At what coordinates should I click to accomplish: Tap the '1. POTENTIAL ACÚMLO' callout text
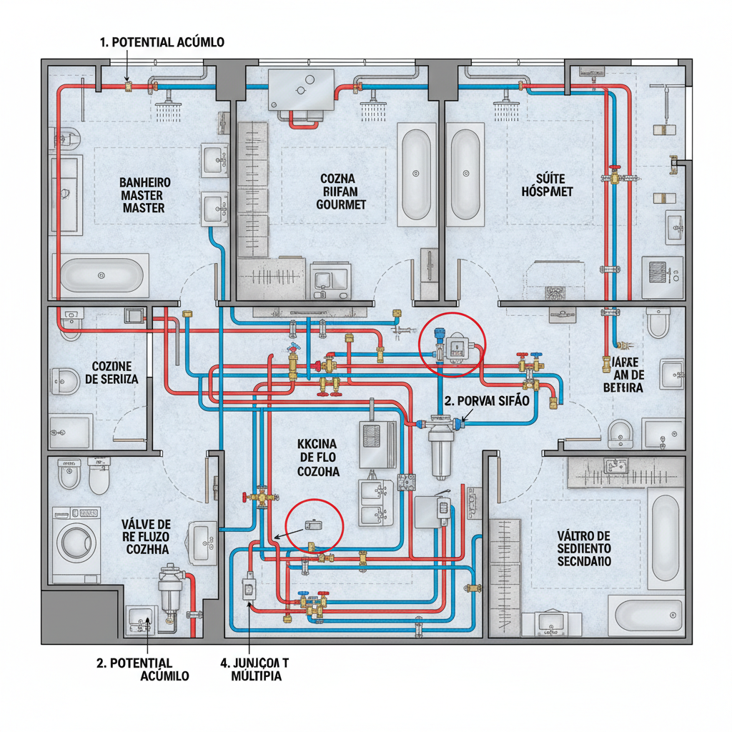click(x=162, y=42)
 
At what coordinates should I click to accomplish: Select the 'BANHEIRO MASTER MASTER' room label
click(x=142, y=195)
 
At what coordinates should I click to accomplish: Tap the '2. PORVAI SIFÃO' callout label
click(x=486, y=401)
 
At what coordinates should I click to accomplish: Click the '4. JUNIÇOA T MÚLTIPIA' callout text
click(x=252, y=669)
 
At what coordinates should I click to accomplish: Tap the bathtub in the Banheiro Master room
click(x=102, y=274)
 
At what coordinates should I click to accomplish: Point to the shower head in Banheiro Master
click(x=167, y=110)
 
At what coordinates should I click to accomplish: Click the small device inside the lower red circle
click(x=313, y=525)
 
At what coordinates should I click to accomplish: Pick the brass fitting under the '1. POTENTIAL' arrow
click(x=129, y=86)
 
